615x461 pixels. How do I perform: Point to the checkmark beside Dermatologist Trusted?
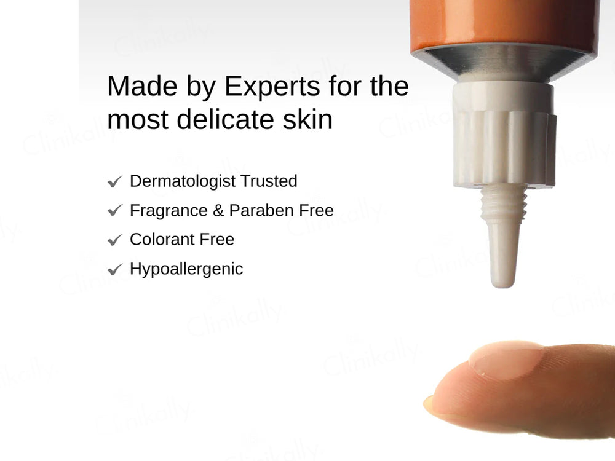(x=114, y=182)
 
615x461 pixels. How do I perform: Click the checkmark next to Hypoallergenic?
(x=114, y=270)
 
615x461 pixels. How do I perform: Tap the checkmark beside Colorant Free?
(x=114, y=240)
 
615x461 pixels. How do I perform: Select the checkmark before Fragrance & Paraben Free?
(x=114, y=211)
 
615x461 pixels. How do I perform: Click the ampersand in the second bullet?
(x=218, y=211)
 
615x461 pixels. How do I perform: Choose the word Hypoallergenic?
(x=186, y=269)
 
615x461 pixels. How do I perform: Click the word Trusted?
(x=268, y=181)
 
